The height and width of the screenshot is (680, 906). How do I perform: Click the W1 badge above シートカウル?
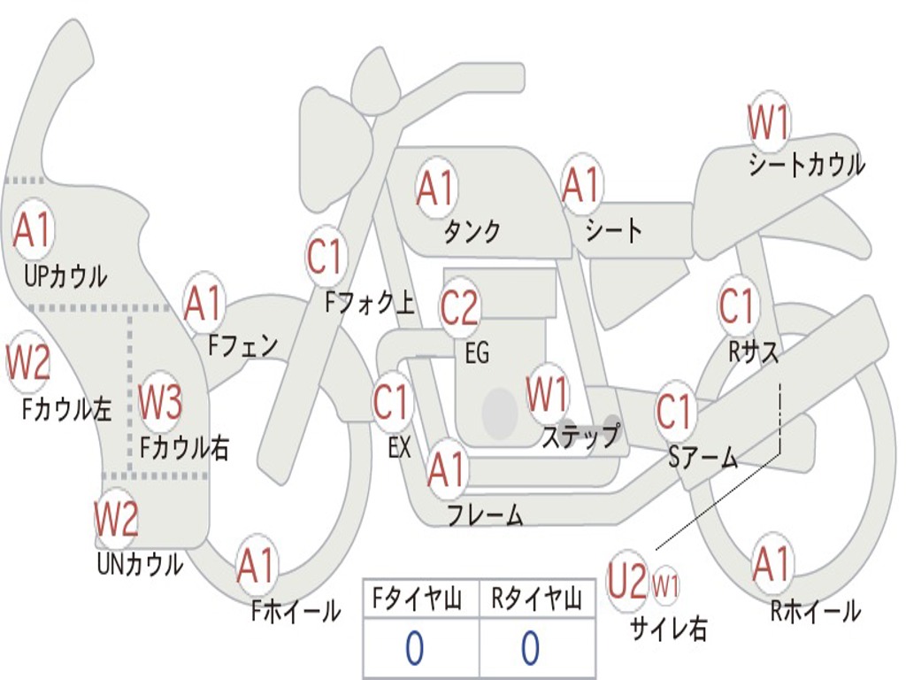point(768,123)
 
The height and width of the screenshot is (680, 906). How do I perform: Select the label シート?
point(613,231)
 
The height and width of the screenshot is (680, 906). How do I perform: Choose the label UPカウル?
point(65,276)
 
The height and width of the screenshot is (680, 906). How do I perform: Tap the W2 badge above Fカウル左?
point(27,361)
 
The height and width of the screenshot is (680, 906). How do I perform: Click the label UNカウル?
point(139,563)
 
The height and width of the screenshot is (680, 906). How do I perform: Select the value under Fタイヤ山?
point(414,649)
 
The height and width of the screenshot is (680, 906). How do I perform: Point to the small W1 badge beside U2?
point(665,585)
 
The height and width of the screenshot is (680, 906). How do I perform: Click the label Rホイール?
point(815,611)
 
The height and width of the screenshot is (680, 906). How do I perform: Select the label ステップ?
point(580,436)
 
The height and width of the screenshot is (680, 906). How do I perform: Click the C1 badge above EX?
point(392,403)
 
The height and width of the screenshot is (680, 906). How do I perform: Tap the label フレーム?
point(485,514)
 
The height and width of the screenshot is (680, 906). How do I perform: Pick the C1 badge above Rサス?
point(737,306)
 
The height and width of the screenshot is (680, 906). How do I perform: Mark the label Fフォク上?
point(369,305)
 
